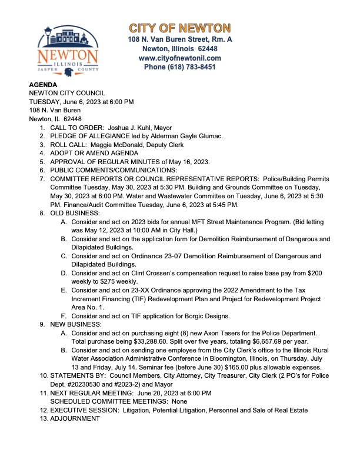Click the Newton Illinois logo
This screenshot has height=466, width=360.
[x=69, y=51]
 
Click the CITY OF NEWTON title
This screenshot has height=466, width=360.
[x=180, y=28]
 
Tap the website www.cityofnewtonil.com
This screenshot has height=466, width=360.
[x=180, y=58]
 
